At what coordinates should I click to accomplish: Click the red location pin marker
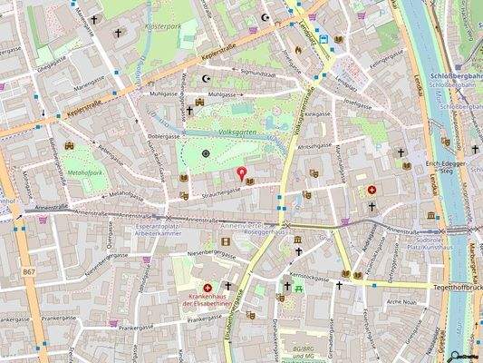point(241,172)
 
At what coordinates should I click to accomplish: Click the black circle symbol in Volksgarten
point(206,154)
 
